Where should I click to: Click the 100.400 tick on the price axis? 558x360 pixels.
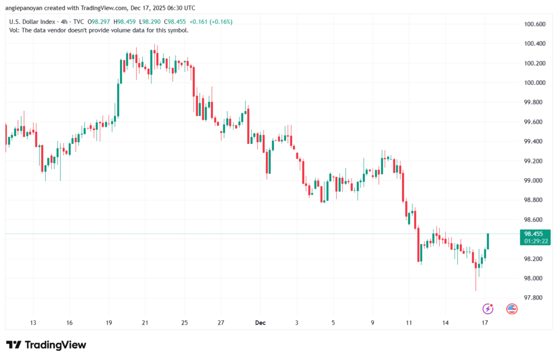pyautogui.click(x=535, y=44)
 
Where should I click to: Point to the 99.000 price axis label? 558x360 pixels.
pyautogui.click(x=535, y=181)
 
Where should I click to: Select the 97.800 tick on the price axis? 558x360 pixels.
pyautogui.click(x=535, y=298)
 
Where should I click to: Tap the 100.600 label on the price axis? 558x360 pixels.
pyautogui.click(x=535, y=25)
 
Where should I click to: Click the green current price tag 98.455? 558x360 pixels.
pyautogui.click(x=534, y=234)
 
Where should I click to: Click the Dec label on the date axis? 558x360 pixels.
pyautogui.click(x=260, y=323)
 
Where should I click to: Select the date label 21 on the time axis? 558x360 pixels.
pyautogui.click(x=145, y=323)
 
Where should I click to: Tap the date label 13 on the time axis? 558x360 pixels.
pyautogui.click(x=33, y=323)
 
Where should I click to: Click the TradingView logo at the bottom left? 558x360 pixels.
pyautogui.click(x=46, y=345)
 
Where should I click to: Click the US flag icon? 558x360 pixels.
pyautogui.click(x=512, y=309)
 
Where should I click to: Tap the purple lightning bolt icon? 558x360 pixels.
pyautogui.click(x=488, y=309)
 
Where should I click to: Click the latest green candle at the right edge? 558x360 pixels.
pyautogui.click(x=488, y=241)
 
